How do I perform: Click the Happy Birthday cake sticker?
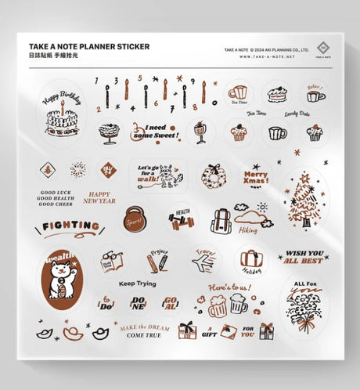point(61,118)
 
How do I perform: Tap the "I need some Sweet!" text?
point(149,132)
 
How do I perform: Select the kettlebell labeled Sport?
point(135,218)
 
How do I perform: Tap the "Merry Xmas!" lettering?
point(255,175)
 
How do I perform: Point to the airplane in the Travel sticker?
point(202,263)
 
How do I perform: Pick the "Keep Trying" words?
point(137,283)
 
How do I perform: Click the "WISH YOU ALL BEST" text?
point(304,258)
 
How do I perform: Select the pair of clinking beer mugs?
point(226,305)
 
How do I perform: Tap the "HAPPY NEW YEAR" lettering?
point(99,197)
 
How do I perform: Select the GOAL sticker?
point(170,303)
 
